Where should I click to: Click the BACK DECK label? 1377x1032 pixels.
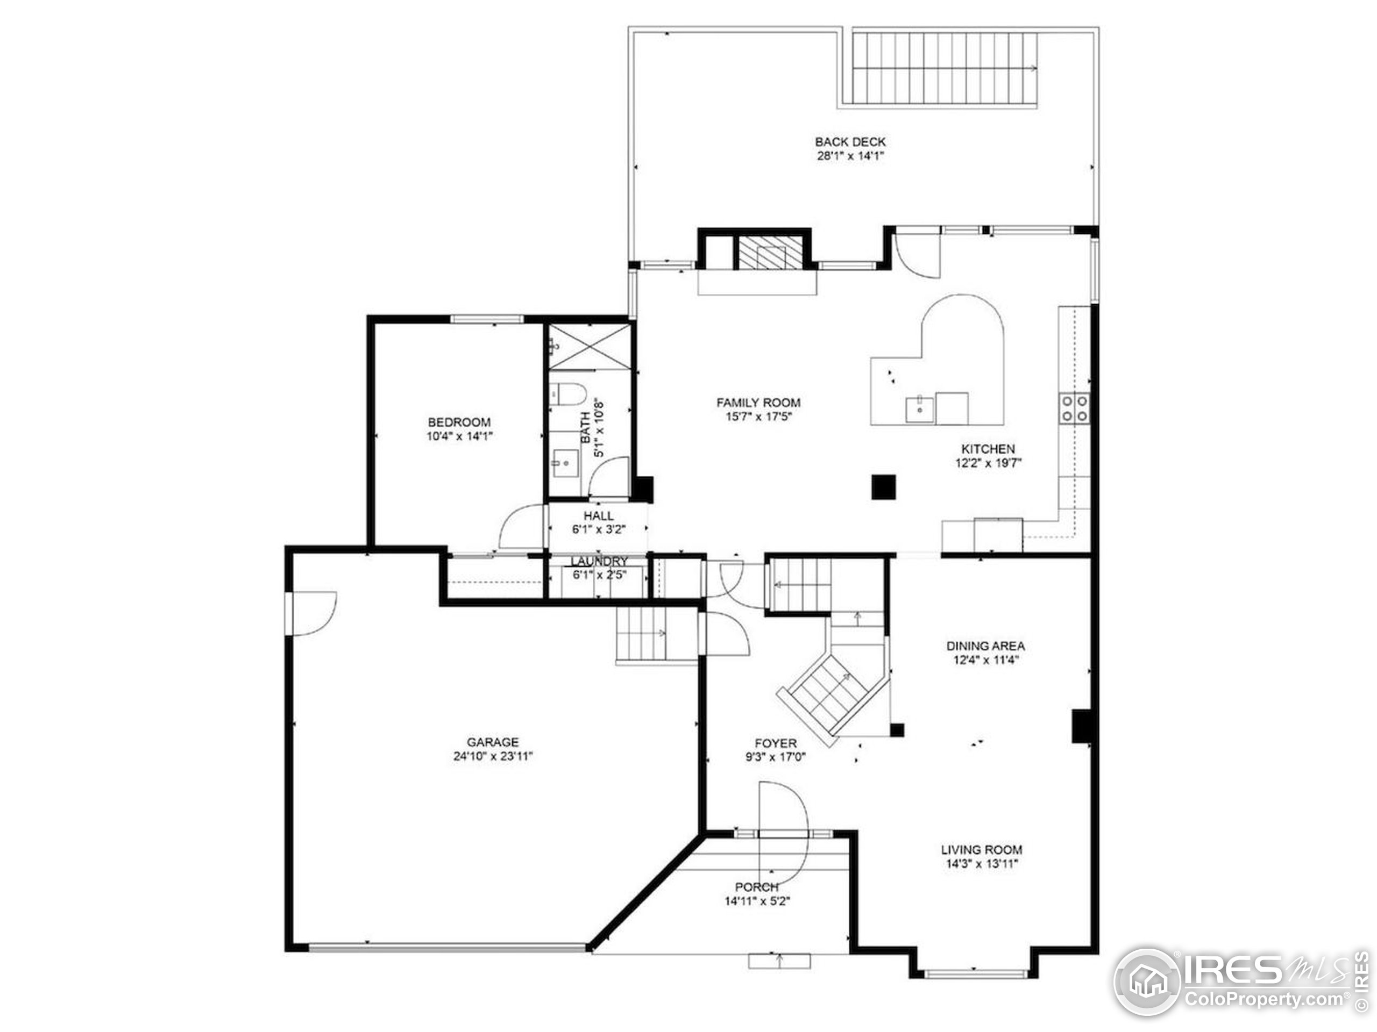click(x=850, y=142)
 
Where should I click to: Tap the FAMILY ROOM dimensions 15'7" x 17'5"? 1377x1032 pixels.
click(x=758, y=417)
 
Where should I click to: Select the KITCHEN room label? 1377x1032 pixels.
click(x=989, y=448)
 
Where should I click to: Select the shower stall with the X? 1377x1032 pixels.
click(x=589, y=347)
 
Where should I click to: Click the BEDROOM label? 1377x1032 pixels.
click(x=459, y=422)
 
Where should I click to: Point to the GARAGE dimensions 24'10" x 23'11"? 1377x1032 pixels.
click(x=493, y=756)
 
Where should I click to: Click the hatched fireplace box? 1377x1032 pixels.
click(x=771, y=253)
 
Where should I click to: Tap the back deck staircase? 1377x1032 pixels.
click(x=945, y=68)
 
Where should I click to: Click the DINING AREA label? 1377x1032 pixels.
click(x=986, y=646)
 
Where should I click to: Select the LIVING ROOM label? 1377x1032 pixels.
click(x=982, y=849)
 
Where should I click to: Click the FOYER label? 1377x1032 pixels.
click(x=776, y=743)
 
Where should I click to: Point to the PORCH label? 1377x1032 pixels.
click(x=757, y=887)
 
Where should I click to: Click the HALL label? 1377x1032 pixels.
click(x=599, y=515)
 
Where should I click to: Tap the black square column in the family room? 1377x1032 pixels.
click(x=883, y=486)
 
